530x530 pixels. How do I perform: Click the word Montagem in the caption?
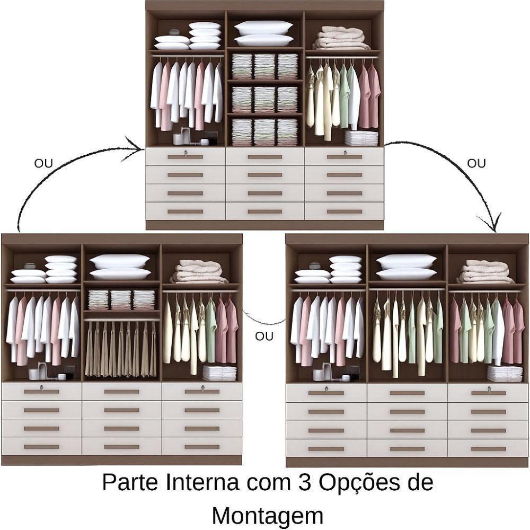point(268,515)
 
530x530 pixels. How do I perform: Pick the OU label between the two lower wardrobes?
point(264,337)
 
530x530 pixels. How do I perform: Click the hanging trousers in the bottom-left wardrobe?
point(121,349)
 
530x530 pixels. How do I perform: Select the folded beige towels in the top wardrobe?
point(342,38)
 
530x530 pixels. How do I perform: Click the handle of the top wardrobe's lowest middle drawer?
point(264,211)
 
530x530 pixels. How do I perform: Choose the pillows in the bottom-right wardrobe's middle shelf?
point(407,268)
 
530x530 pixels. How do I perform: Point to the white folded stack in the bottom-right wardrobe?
point(505,374)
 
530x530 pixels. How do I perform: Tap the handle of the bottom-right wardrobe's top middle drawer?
point(407,393)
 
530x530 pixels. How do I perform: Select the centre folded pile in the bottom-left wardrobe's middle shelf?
point(121,299)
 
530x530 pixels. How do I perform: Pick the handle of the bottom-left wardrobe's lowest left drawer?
point(41,447)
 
